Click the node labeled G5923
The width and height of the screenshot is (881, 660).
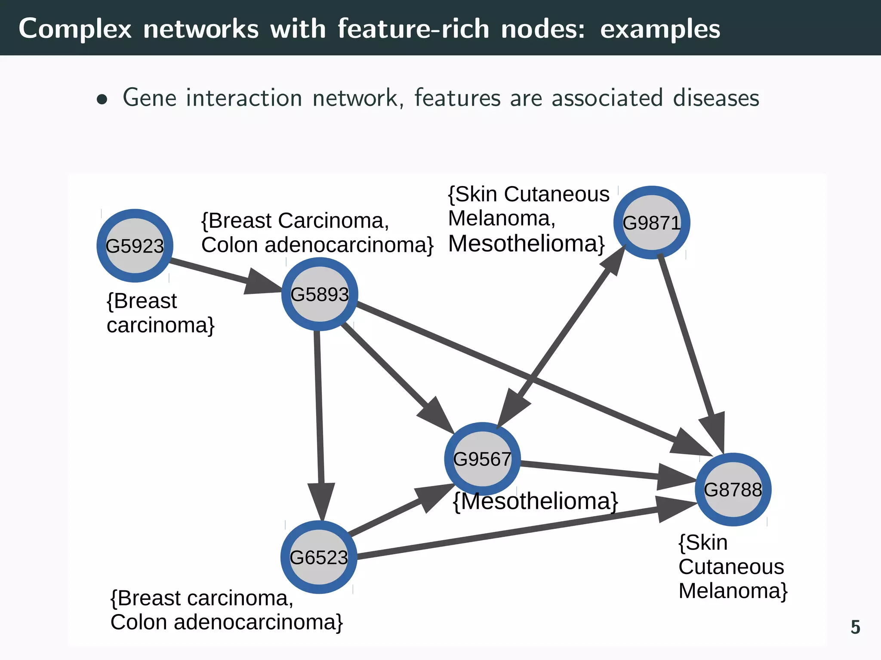pos(135,246)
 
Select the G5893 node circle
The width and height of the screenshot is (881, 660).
pos(320,294)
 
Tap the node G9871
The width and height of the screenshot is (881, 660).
pos(652,223)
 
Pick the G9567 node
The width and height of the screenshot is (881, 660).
pos(482,459)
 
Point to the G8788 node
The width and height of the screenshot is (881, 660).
pos(733,489)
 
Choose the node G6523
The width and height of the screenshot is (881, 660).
pos(319,557)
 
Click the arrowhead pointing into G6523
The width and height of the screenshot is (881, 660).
pos(321,501)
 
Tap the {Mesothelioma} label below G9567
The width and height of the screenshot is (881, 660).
pos(536,501)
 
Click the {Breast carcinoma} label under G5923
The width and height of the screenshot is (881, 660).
pos(160,313)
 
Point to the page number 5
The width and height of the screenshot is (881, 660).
pos(855,627)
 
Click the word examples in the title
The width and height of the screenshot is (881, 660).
pos(660,29)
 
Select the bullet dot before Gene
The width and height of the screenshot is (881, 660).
pos(102,100)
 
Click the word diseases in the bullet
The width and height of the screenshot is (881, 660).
pos(716,98)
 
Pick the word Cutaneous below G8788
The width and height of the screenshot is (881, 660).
pos(731,567)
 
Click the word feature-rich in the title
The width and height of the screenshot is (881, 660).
pos(413,29)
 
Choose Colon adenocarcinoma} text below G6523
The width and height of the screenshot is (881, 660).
pos(227,622)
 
